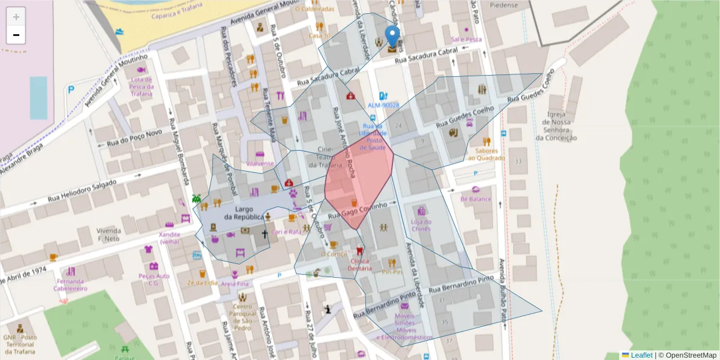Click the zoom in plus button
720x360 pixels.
click(x=16, y=17)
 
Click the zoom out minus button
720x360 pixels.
click(x=16, y=35)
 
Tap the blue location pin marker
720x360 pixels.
click(x=392, y=38)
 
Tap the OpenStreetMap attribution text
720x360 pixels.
click(x=689, y=355)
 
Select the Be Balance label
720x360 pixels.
click(x=476, y=199)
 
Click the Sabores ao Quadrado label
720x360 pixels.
click(x=487, y=154)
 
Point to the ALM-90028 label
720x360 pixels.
click(x=383, y=105)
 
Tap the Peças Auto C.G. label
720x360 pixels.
click(x=154, y=279)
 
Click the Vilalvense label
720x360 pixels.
click(x=260, y=163)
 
